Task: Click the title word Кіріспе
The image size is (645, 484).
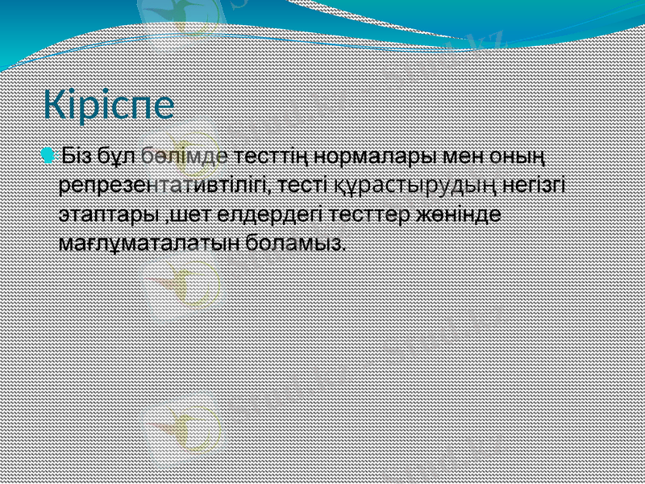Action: (x=109, y=106)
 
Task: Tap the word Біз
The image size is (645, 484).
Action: (x=78, y=153)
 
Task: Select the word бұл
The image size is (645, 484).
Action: (x=118, y=153)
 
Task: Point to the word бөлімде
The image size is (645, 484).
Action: (x=185, y=153)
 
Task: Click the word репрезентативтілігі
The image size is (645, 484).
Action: (x=164, y=185)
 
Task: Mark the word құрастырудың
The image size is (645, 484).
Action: (x=412, y=185)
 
